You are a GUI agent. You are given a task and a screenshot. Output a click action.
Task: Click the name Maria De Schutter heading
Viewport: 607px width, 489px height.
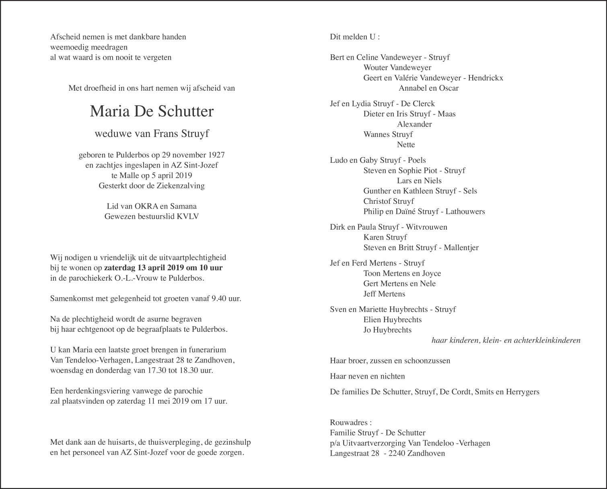tap(152, 112)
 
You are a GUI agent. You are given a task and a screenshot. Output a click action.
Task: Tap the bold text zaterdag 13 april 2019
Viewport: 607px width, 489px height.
tap(142, 268)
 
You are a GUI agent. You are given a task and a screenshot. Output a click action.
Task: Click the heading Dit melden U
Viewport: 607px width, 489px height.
tap(354, 37)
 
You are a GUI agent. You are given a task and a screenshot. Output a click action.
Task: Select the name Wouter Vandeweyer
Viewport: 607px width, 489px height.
tap(397, 68)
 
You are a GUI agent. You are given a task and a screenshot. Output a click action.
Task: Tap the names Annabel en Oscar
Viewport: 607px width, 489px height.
tap(428, 88)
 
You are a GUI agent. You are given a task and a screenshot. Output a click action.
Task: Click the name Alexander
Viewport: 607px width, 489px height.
tap(414, 124)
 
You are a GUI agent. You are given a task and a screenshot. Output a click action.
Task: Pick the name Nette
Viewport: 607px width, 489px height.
tap(406, 145)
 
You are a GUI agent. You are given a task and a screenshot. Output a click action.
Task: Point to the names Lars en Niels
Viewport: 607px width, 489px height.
tap(419, 181)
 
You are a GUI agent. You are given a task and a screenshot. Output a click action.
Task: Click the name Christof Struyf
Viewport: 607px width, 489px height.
tap(389, 201)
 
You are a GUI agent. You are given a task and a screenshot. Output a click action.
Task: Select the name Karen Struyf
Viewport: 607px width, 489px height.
tap(385, 237)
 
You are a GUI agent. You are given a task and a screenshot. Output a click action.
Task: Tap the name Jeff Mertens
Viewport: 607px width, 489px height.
tap(384, 294)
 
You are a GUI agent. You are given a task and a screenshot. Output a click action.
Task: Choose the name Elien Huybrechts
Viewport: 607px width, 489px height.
tap(392, 320)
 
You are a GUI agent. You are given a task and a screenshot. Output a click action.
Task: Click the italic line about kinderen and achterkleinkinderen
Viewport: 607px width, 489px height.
tap(506, 340)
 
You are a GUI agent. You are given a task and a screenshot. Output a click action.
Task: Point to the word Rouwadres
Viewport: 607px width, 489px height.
tap(348, 423)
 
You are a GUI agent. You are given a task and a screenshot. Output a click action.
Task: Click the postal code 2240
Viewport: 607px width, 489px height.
tap(397, 454)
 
